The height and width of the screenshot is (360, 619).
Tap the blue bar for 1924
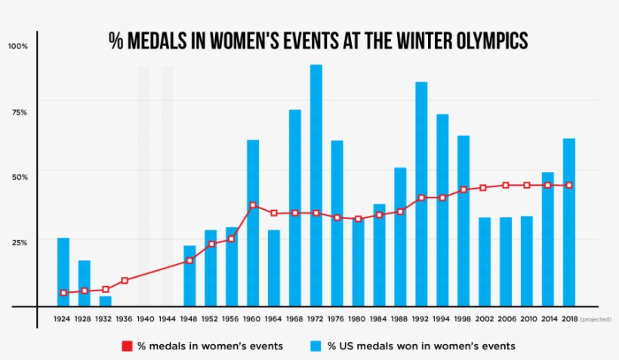pos(63,272)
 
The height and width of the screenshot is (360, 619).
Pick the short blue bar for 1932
pos(106,301)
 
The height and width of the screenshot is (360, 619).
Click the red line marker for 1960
pos(253,205)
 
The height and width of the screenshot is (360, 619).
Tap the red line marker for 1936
pos(125,281)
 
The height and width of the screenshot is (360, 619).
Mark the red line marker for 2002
pos(484,188)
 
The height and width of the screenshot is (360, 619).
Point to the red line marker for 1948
pos(189,260)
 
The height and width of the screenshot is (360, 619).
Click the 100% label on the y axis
pos(17,47)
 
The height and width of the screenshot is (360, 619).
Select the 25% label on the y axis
pos(19,242)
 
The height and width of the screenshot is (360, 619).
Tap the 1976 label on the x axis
pos(337,319)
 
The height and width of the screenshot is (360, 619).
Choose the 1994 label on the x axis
pos(442,319)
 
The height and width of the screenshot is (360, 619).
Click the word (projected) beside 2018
pos(596,319)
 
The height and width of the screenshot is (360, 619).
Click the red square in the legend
pos(127,346)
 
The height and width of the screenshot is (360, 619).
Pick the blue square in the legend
pos(316,346)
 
